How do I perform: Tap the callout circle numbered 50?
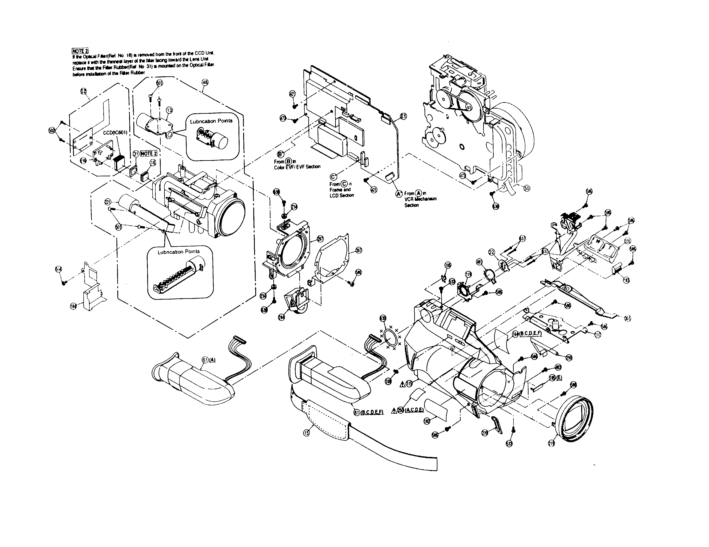[527, 188]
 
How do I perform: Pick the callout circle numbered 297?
[320, 239]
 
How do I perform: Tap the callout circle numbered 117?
[598, 335]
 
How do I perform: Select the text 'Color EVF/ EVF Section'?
[297, 167]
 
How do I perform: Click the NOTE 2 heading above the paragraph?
[80, 51]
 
